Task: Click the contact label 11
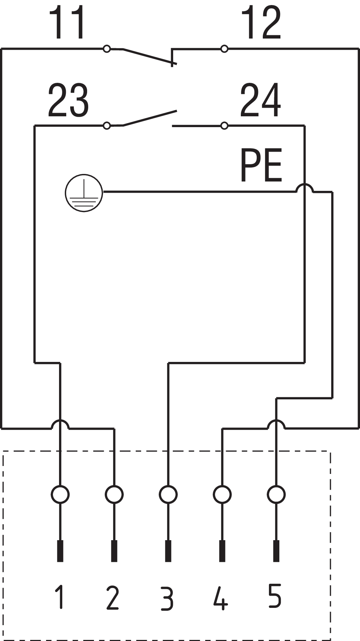click(x=68, y=23)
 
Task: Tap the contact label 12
click(x=261, y=23)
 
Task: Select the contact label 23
click(x=68, y=100)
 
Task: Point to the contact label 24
click(x=261, y=100)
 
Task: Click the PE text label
click(x=261, y=166)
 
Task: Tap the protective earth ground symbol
click(x=84, y=193)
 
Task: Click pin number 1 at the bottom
click(x=60, y=597)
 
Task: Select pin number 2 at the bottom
click(x=113, y=597)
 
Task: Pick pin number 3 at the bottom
click(x=167, y=598)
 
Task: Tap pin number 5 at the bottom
click(x=275, y=596)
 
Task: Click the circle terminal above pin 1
click(x=60, y=494)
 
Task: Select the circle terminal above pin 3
click(x=168, y=494)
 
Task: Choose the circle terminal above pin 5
click(x=276, y=494)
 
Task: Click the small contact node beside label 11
click(x=107, y=49)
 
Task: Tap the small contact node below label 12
click(x=224, y=49)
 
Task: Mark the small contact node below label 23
click(x=107, y=126)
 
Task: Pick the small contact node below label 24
click(x=224, y=126)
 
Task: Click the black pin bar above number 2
click(x=114, y=551)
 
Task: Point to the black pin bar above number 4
click(x=222, y=551)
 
